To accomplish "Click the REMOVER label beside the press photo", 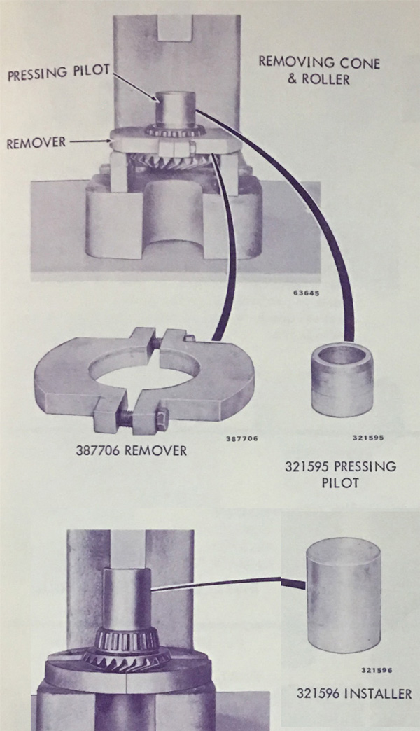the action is click(x=36, y=142).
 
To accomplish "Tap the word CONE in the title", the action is click(x=358, y=63).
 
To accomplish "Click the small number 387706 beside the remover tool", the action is click(x=242, y=438).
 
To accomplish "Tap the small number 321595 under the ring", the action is click(x=367, y=438).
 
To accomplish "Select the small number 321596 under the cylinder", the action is click(x=377, y=670).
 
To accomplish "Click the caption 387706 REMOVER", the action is click(x=131, y=451).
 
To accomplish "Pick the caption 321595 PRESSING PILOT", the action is click(x=340, y=474).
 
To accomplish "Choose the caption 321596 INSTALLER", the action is click(x=354, y=693).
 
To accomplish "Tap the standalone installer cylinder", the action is click(x=343, y=601).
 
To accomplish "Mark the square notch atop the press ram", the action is click(x=176, y=27).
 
